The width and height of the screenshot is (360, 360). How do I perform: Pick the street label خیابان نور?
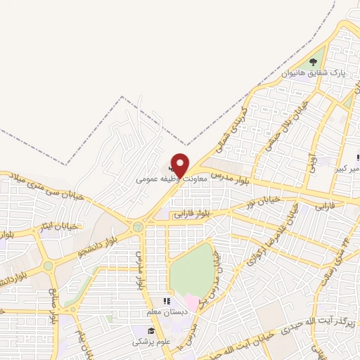point(263,202)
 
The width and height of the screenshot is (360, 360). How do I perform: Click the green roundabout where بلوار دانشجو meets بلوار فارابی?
point(138,226)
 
